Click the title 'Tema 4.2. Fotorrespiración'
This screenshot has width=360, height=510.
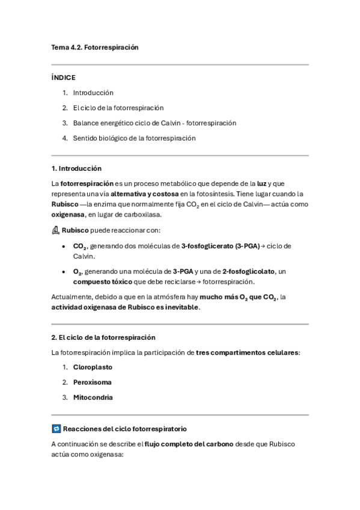click(x=95, y=47)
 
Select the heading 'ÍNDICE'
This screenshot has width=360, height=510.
click(x=64, y=78)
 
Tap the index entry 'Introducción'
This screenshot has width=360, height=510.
click(x=93, y=93)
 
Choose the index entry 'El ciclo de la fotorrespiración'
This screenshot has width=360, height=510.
click(x=118, y=108)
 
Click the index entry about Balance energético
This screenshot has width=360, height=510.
click(x=154, y=123)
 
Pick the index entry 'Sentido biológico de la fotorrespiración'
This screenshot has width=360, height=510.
click(x=135, y=138)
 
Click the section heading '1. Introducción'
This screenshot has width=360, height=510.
click(x=76, y=168)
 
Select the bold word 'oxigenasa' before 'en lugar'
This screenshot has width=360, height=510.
click(x=67, y=214)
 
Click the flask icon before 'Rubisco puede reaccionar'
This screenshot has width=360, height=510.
click(x=56, y=230)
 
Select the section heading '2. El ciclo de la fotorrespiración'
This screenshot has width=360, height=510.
click(x=103, y=337)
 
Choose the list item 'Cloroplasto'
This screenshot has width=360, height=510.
click(x=93, y=367)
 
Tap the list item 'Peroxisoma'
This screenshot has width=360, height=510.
click(x=93, y=382)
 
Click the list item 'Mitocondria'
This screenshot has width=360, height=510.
click(x=93, y=397)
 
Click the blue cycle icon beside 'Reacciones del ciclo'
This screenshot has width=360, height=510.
click(x=56, y=429)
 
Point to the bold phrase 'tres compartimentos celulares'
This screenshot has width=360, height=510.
click(x=247, y=352)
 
